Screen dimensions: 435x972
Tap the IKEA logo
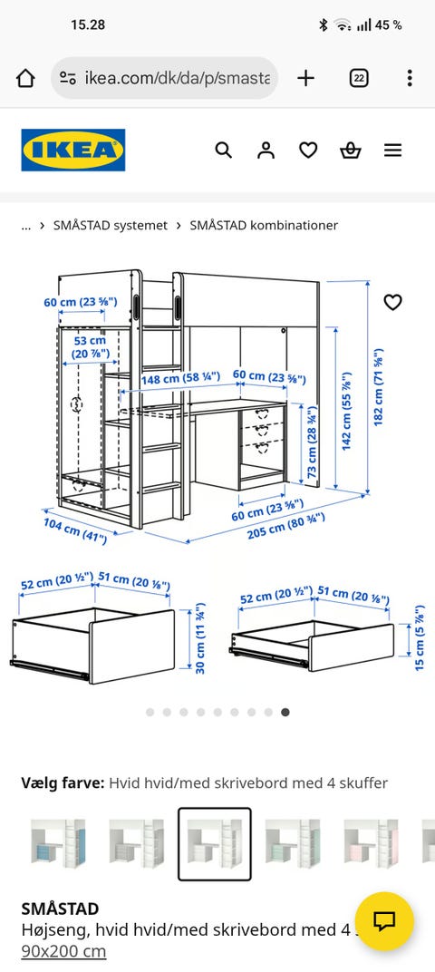click(x=73, y=150)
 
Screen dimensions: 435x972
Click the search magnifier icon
click(x=223, y=150)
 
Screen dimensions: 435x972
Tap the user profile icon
click(x=266, y=150)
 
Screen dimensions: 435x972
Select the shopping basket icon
click(x=350, y=150)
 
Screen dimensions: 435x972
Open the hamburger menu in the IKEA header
click(x=393, y=150)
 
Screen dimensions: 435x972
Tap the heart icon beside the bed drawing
click(x=393, y=302)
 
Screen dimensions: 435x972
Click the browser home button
click(x=25, y=78)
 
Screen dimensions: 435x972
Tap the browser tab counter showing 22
click(x=359, y=78)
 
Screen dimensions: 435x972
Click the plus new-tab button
click(x=305, y=78)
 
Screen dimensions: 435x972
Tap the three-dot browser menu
click(x=410, y=78)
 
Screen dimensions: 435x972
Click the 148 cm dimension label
click(x=181, y=376)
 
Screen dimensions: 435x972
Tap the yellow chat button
click(x=385, y=921)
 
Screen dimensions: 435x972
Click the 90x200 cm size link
click(x=63, y=951)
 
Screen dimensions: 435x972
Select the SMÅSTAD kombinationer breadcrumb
click(x=264, y=225)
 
